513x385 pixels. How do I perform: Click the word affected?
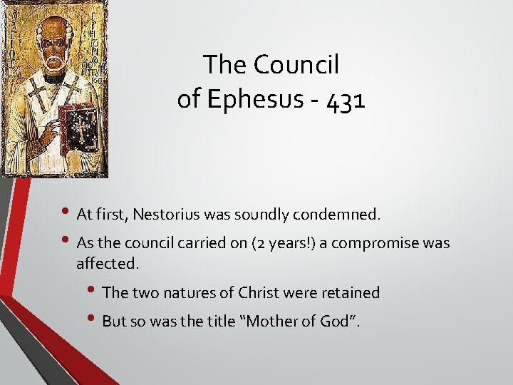click(x=108, y=263)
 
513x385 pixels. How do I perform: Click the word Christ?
click(x=259, y=292)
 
